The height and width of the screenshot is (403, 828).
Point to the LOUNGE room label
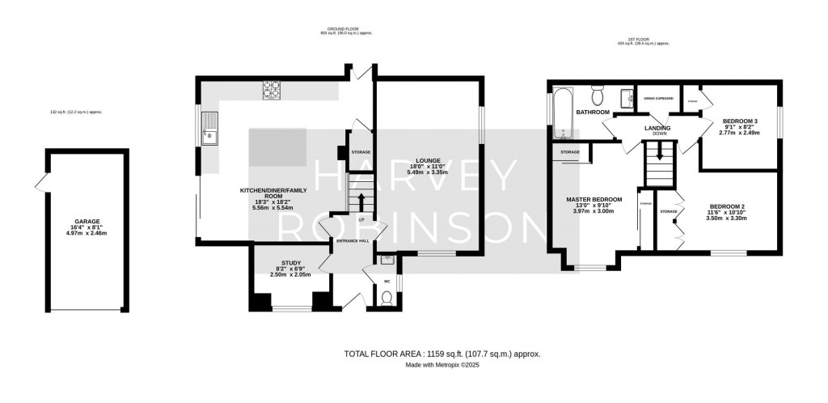428,160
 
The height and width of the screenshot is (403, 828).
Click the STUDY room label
291,263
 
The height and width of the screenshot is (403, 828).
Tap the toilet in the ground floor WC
386,299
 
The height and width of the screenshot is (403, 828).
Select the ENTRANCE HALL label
353,240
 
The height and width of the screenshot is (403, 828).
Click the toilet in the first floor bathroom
598,94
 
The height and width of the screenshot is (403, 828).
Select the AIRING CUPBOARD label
658,98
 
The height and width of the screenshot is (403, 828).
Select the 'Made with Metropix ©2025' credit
441,365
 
